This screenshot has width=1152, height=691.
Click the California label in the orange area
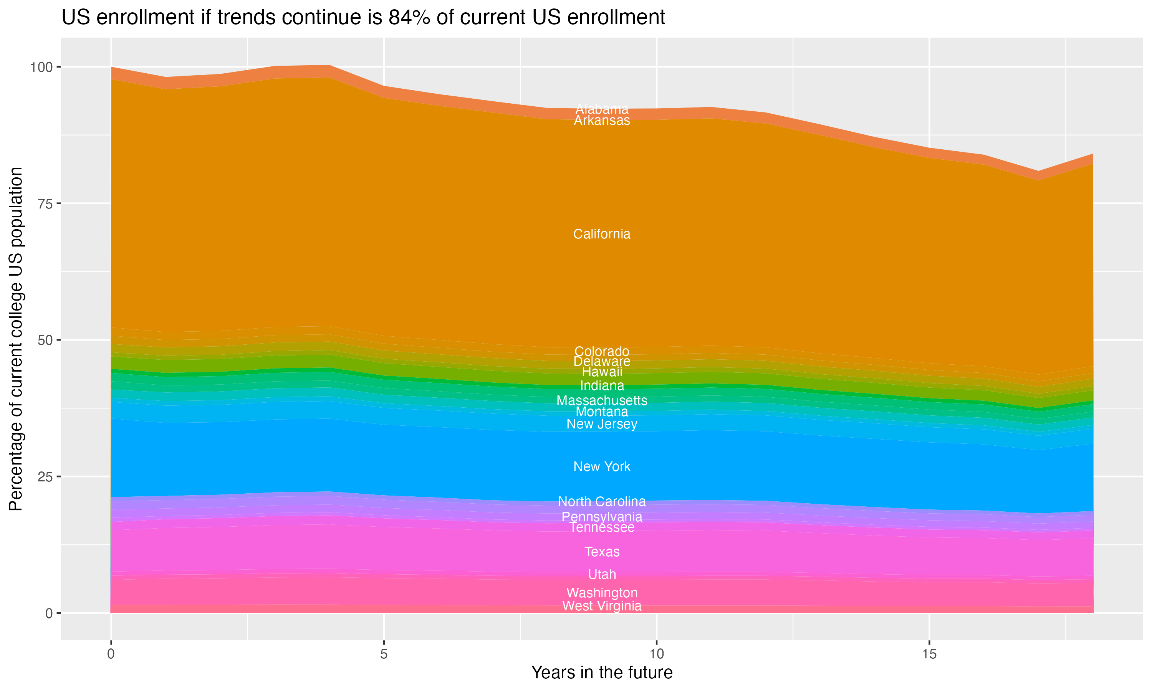602,234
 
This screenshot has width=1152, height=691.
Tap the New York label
602,466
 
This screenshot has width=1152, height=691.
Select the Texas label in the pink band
602,552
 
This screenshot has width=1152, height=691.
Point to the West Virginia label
602,606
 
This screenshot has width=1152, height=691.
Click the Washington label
602,593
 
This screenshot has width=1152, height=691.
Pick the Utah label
602,575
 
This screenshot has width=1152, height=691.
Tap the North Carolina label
602,501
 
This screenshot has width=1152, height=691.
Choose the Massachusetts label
602,400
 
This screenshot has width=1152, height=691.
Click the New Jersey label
602,424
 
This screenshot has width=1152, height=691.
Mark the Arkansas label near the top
602,121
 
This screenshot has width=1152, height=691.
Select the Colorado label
602,351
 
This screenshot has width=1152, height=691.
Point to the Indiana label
602,385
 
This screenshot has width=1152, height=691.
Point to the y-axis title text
16,339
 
